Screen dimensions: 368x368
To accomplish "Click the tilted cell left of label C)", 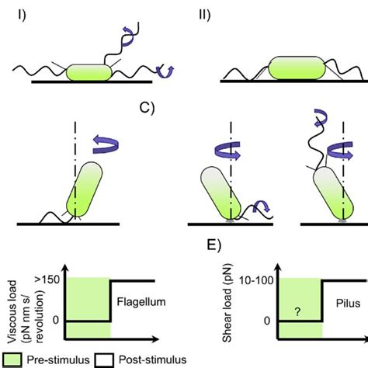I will point(85,190).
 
